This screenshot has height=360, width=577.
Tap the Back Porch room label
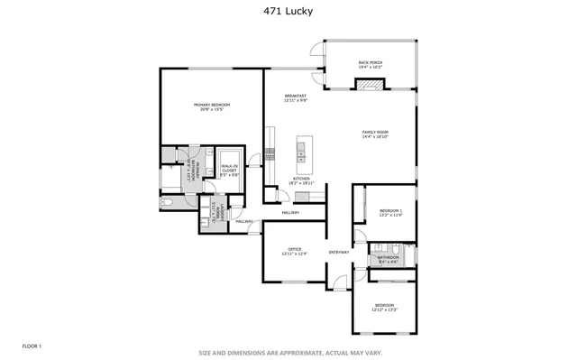click(371, 65)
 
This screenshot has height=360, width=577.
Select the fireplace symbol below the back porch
click(370, 85)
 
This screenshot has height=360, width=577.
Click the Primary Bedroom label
click(212, 107)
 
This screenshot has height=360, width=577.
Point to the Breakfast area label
click(296, 98)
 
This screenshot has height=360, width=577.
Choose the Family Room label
click(375, 134)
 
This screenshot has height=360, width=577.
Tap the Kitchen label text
click(301, 180)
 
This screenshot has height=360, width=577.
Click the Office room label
click(294, 252)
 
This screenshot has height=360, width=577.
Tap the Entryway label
click(339, 252)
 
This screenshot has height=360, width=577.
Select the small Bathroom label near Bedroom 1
click(389, 259)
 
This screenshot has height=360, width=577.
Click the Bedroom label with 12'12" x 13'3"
click(385, 308)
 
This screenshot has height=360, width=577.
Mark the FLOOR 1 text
click(32, 346)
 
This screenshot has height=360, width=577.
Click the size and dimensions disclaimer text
click(288, 353)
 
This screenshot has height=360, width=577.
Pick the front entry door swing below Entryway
click(339, 282)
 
